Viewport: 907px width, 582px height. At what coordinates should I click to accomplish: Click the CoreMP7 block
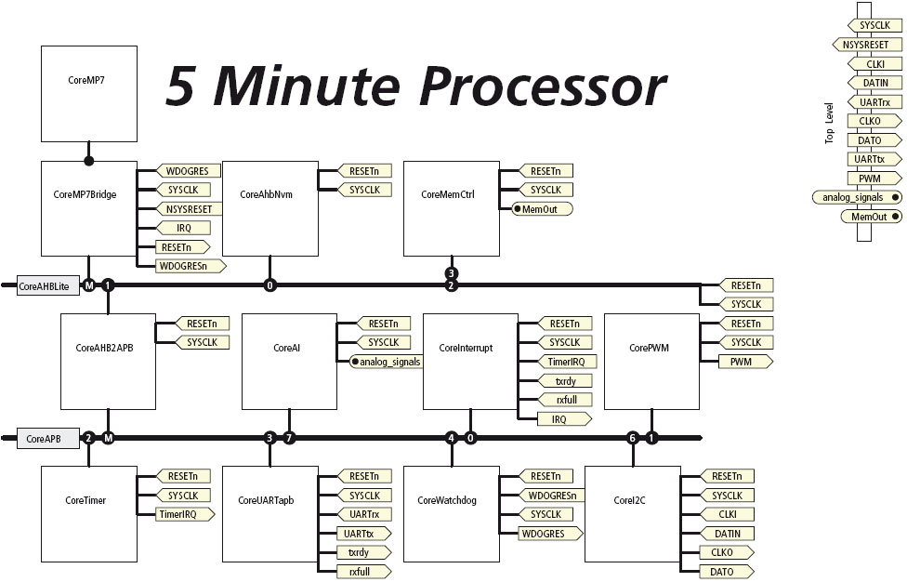coord(89,93)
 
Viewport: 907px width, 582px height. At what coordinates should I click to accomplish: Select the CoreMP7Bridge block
coord(89,207)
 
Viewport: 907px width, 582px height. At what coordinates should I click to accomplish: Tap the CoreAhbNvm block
coord(269,207)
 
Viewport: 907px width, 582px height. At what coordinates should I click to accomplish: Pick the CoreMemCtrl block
coord(450,207)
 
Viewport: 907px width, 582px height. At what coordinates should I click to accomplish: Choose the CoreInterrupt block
coord(470,361)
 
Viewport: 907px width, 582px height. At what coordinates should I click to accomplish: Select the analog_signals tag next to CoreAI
coord(387,362)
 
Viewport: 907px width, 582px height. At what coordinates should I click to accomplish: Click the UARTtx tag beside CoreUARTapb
coord(362,534)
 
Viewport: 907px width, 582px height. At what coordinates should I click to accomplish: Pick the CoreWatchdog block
coord(450,513)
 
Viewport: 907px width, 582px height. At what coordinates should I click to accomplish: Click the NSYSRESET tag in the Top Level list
coord(872,44)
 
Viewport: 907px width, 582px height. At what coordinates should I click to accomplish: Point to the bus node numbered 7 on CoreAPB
coord(289,438)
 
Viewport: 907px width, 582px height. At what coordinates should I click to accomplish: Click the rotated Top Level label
coord(830,123)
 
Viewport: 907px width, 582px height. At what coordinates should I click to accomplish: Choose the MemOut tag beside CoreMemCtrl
coord(541,209)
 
